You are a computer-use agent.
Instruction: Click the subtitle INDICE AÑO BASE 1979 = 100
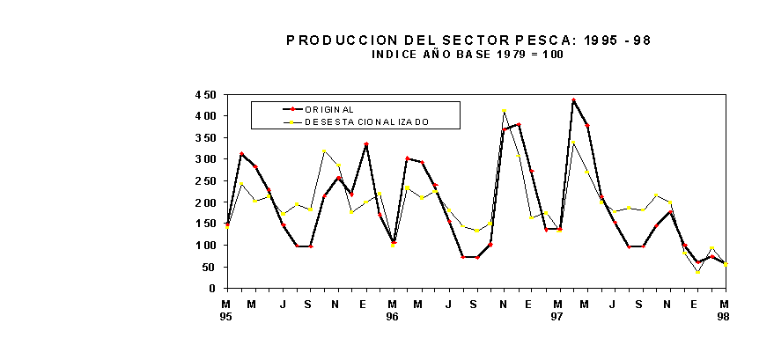468,55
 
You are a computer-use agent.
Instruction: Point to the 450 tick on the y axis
205,94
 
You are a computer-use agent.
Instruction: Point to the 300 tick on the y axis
205,159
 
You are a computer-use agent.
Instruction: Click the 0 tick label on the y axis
212,289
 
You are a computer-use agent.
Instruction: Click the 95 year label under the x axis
225,316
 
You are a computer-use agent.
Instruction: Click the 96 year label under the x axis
392,316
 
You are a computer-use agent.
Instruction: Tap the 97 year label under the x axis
558,316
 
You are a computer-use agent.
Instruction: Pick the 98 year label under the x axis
725,316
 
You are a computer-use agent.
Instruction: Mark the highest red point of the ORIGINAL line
573,100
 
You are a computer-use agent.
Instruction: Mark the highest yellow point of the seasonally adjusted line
504,111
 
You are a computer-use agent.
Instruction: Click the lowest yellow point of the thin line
698,272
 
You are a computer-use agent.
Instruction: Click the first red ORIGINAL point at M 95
227,224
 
